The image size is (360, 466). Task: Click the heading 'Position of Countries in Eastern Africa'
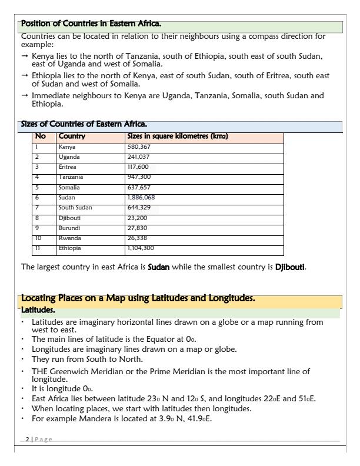(91, 24)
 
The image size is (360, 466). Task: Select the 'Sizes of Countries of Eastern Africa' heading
(84, 124)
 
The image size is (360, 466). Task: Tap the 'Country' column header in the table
(72, 137)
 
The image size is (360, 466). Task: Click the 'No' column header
(40, 137)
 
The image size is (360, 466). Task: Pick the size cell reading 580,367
(139, 147)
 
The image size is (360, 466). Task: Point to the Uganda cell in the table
(69, 157)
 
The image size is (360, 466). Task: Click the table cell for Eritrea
(68, 167)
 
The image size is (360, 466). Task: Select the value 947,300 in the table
(139, 177)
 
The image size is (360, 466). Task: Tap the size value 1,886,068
(141, 198)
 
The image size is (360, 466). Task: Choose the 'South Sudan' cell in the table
(75, 208)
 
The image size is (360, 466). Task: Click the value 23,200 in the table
(137, 218)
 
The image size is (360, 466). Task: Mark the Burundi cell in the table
(69, 228)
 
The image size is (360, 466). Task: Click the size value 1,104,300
(141, 248)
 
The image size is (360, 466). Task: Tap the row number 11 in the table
(37, 248)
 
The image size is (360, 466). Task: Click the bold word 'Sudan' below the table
(158, 267)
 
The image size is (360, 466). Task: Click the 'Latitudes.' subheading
(38, 309)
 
